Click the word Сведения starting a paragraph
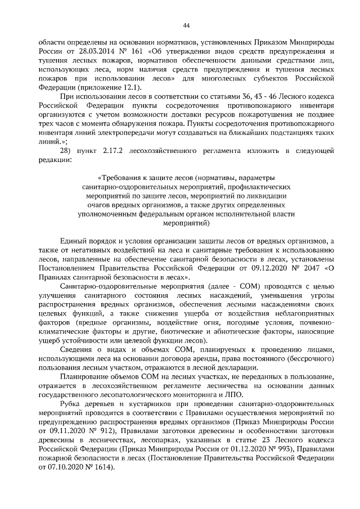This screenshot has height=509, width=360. pos(76,350)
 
